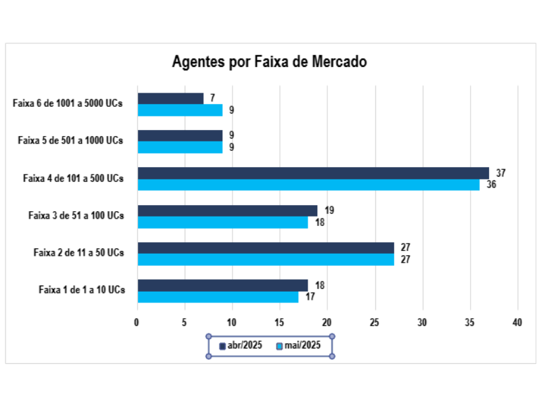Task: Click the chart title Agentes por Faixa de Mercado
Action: (269, 62)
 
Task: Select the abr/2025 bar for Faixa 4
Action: (313, 173)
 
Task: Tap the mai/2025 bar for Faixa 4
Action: (308, 185)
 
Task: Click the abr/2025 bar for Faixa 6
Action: (170, 99)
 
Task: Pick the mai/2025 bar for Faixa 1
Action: (218, 296)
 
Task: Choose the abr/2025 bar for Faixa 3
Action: (227, 210)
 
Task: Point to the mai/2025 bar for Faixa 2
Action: (266, 259)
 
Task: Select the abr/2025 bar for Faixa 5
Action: (180, 136)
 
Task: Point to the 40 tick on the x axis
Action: (518, 323)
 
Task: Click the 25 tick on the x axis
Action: (375, 323)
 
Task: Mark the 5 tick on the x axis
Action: (185, 323)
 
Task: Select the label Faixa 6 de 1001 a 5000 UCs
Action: (68, 104)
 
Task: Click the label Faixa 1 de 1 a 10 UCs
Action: (81, 290)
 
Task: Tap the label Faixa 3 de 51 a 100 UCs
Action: (76, 216)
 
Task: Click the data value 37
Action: (500, 173)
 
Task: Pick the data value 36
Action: (492, 185)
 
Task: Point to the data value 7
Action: (212, 99)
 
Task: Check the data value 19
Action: (329, 210)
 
